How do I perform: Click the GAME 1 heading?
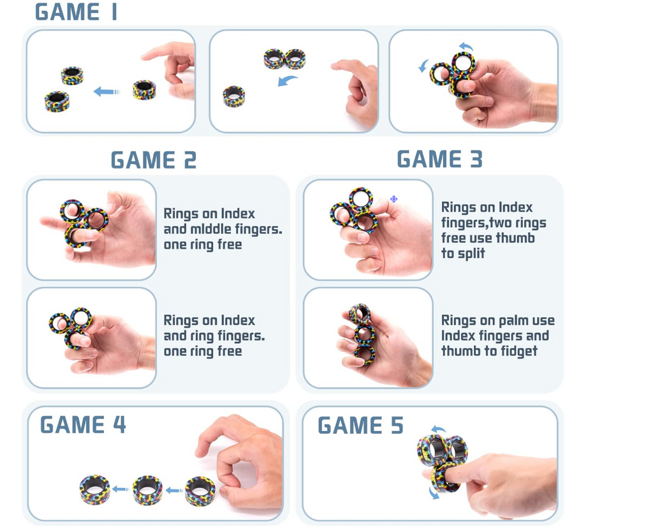pyautogui.click(x=76, y=12)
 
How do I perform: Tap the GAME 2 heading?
pyautogui.click(x=153, y=160)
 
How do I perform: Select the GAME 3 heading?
pyautogui.click(x=439, y=159)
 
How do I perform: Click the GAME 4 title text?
pyautogui.click(x=83, y=425)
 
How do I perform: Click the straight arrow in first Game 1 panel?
pyautogui.click(x=106, y=92)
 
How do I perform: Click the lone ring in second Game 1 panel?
pyautogui.click(x=234, y=96)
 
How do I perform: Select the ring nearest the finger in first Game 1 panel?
pyautogui.click(x=144, y=90)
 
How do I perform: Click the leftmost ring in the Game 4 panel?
pyautogui.click(x=95, y=490)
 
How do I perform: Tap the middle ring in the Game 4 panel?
pyautogui.click(x=147, y=490)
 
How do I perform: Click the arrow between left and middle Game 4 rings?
pyautogui.click(x=121, y=489)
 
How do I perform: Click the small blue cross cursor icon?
pyautogui.click(x=393, y=200)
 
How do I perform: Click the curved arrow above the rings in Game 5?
pyautogui.click(x=439, y=430)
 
